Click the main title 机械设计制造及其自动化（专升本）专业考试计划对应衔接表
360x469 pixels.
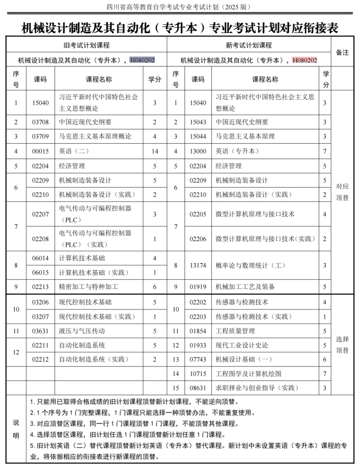point(179,26)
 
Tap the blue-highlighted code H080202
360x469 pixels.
point(142,60)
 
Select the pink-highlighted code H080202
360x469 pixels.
point(304,60)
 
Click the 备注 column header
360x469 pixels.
point(342,52)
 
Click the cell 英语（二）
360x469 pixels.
point(77,151)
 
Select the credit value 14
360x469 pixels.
point(155,151)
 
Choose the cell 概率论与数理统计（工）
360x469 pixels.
point(250,265)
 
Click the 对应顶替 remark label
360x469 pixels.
point(342,192)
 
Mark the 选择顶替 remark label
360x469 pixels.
point(342,345)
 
